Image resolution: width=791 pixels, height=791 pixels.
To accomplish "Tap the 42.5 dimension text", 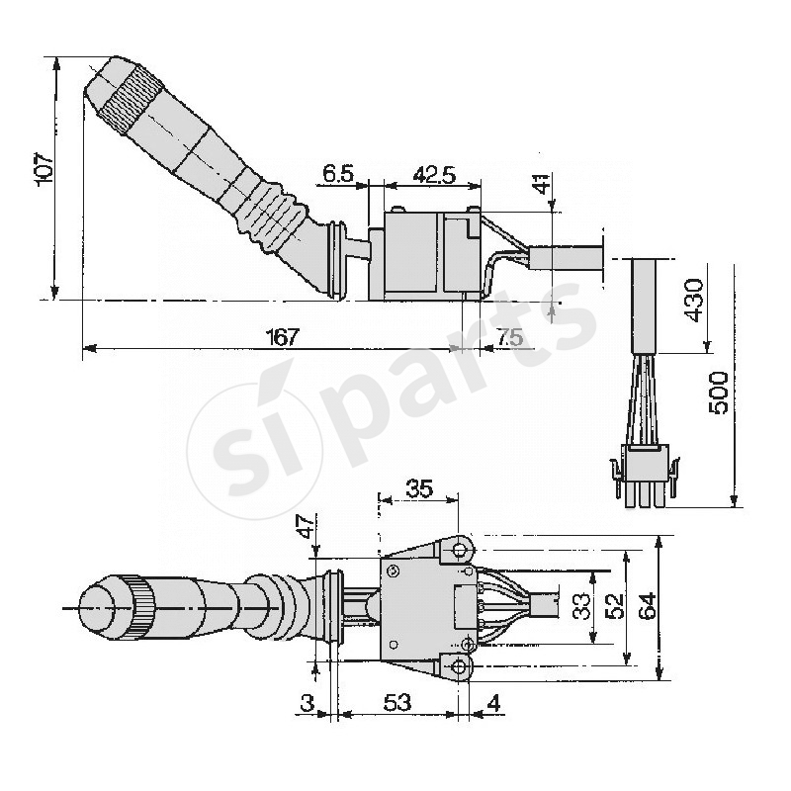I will (x=433, y=175).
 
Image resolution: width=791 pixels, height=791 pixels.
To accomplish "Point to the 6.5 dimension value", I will (x=337, y=175).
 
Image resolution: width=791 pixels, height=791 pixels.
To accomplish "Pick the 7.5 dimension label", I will (x=510, y=336).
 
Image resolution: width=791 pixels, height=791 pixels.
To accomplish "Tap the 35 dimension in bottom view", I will (x=420, y=487).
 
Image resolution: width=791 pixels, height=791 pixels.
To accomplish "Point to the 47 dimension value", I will (x=307, y=525).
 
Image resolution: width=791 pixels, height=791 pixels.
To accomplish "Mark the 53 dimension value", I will (x=397, y=702).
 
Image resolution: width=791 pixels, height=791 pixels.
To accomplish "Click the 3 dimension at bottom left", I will (x=308, y=702).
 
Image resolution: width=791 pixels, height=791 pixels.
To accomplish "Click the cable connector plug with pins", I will (x=648, y=473).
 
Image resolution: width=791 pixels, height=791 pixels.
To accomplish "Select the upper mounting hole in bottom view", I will (x=460, y=548).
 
